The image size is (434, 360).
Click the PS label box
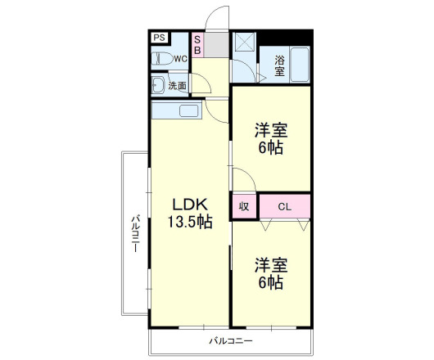(159, 38)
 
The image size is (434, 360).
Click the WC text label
(180, 59)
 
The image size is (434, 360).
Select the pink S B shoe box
(197, 45)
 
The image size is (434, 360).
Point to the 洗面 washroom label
(177, 85)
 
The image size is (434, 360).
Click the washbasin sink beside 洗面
(157, 85)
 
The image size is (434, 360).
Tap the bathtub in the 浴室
(299, 64)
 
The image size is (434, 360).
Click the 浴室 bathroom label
(279, 65)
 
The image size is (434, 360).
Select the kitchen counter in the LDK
(177, 111)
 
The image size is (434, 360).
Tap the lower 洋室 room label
(271, 266)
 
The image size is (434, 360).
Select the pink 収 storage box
(244, 205)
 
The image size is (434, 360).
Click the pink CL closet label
(285, 205)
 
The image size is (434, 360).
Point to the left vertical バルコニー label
(137, 233)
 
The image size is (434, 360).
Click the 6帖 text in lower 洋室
(271, 283)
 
